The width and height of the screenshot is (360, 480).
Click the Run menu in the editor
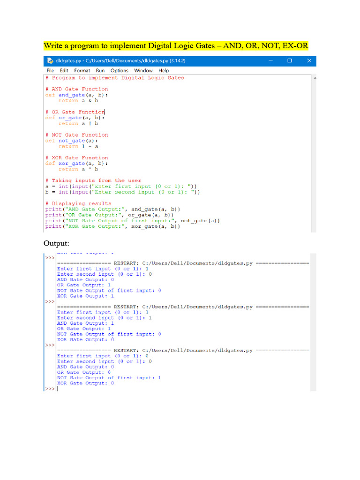tap(100, 70)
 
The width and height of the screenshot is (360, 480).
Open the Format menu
tap(82, 70)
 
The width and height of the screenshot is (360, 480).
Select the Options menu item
tap(120, 70)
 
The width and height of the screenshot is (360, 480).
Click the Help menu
tap(164, 70)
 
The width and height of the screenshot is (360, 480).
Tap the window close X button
tap(309, 60)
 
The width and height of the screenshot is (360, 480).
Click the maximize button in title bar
tap(290, 60)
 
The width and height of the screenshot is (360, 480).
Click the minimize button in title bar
tap(270, 60)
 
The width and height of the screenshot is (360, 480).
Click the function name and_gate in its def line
tap(72, 95)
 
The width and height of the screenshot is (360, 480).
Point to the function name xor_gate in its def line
tap(72, 164)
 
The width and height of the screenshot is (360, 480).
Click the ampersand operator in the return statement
tap(90, 100)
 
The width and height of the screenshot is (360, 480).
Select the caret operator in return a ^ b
tap(90, 169)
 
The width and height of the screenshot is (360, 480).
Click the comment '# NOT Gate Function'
tap(76, 135)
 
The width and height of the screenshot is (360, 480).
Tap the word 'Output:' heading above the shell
tap(56, 243)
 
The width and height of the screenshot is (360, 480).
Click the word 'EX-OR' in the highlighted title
tap(295, 45)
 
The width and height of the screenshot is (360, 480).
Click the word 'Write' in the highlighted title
tap(53, 45)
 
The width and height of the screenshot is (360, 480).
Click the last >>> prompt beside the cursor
tap(50, 389)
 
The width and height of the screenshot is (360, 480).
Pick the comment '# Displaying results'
tap(78, 203)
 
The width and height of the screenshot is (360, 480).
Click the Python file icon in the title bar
tap(50, 60)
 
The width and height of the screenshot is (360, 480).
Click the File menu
tap(50, 70)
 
